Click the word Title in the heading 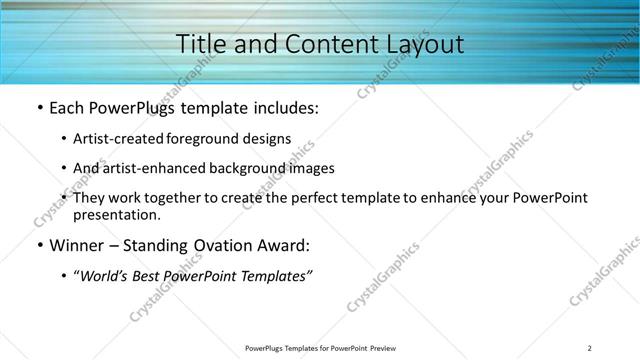pyautogui.click(x=200, y=44)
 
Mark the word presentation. pyautogui.click(x=116, y=214)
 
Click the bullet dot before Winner pyautogui.click(x=39, y=246)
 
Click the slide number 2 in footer pyautogui.click(x=590, y=348)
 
